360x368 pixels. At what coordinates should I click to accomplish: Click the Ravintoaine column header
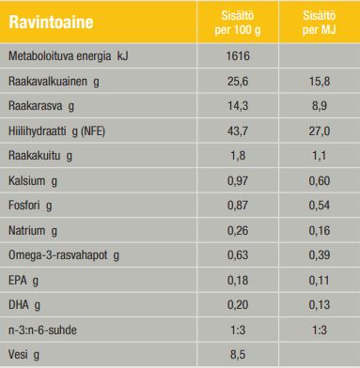(x=51, y=23)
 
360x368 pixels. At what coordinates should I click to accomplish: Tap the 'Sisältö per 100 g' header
(x=238, y=23)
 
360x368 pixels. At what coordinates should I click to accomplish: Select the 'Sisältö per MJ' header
(x=319, y=23)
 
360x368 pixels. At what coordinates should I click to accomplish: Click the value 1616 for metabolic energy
(x=238, y=56)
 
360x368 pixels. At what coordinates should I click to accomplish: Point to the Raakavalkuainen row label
(x=54, y=82)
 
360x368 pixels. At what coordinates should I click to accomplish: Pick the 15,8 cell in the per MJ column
(x=320, y=82)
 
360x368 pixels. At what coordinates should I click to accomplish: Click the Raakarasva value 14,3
(x=238, y=106)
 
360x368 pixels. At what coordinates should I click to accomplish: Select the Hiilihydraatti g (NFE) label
(x=56, y=130)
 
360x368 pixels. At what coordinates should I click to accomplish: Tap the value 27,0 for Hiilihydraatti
(x=320, y=130)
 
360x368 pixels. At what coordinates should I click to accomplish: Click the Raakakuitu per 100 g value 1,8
(x=238, y=156)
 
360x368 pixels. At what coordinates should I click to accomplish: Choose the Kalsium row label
(x=33, y=181)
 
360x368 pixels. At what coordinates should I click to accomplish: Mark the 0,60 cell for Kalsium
(x=320, y=180)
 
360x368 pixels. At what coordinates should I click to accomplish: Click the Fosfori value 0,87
(x=238, y=206)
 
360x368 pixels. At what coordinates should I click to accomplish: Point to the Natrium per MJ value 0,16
(x=320, y=231)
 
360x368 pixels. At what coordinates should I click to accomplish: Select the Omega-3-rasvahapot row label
(x=64, y=255)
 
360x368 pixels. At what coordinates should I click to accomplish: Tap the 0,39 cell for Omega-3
(x=320, y=255)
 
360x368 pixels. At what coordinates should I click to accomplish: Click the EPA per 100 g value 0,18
(x=238, y=280)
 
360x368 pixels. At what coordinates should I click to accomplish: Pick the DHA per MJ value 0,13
(x=320, y=304)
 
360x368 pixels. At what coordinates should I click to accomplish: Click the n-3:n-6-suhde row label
(x=42, y=330)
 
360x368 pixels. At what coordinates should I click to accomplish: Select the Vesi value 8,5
(x=238, y=355)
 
